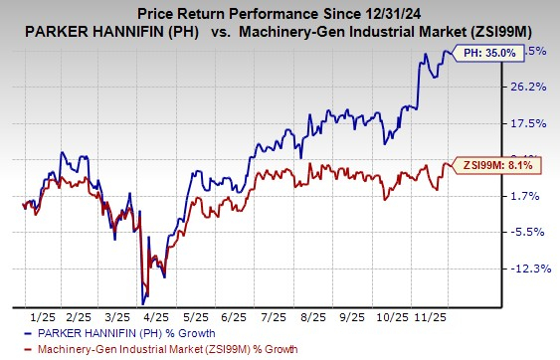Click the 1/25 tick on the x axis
pos(43,315)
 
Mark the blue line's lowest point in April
pos(144,301)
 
